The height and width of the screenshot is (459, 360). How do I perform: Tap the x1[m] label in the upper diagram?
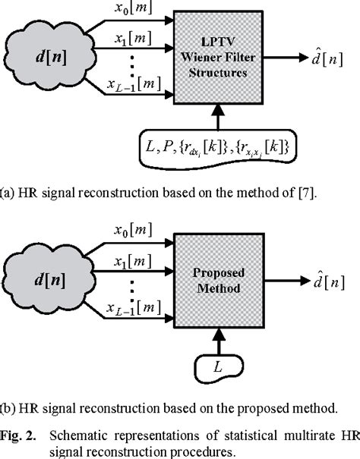(x=132, y=37)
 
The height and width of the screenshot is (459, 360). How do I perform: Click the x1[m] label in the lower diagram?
(x=132, y=263)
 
